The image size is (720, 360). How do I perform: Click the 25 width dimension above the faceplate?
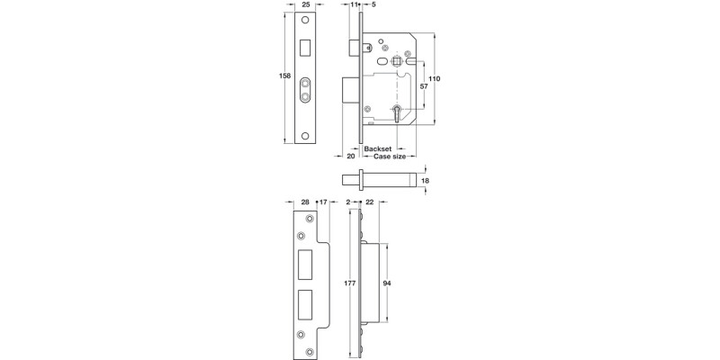pyautogui.click(x=306, y=6)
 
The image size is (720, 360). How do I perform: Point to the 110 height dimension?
pyautogui.click(x=434, y=79)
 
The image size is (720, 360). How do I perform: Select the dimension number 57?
pyautogui.click(x=424, y=86)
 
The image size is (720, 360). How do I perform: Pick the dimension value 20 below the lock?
pyautogui.click(x=351, y=156)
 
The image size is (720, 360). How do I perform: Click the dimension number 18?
pyautogui.click(x=425, y=181)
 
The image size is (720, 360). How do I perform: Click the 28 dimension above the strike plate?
pyautogui.click(x=305, y=203)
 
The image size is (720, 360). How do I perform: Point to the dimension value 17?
pyautogui.click(x=322, y=203)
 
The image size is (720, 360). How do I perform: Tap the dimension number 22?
pyautogui.click(x=369, y=203)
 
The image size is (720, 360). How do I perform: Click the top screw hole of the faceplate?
pyautogui.click(x=306, y=21)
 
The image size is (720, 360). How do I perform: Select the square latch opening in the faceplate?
pyautogui.click(x=306, y=44)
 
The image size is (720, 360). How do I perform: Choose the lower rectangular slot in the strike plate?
pyautogui.click(x=306, y=302)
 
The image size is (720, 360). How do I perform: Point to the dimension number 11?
pyautogui.click(x=353, y=6)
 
